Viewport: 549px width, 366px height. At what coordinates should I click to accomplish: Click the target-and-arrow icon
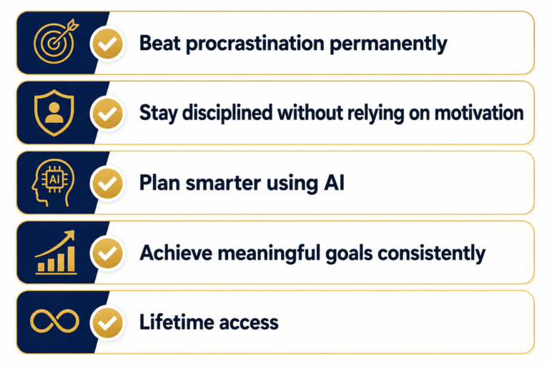[x=54, y=43]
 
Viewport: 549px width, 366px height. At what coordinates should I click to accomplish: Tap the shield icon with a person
[x=54, y=112]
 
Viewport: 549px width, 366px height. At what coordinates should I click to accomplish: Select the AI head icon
[x=53, y=182]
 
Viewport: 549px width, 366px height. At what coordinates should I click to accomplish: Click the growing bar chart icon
[x=56, y=252]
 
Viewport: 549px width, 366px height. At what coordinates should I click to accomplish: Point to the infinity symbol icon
[x=54, y=321]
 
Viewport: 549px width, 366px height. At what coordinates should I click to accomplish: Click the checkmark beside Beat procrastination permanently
[x=108, y=44]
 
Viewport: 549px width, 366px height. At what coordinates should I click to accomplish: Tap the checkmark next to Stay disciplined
[x=108, y=114]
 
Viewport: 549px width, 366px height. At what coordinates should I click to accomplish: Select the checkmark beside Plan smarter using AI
[x=108, y=183]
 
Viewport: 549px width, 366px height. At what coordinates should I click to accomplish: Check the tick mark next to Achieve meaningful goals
[x=108, y=253]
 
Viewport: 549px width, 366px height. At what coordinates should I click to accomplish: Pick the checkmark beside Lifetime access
[x=108, y=322]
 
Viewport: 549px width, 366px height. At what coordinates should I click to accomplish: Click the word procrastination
[x=255, y=44]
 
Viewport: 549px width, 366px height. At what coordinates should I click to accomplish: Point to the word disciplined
[x=227, y=112]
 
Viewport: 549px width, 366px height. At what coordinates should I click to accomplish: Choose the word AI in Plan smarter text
[x=335, y=182]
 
